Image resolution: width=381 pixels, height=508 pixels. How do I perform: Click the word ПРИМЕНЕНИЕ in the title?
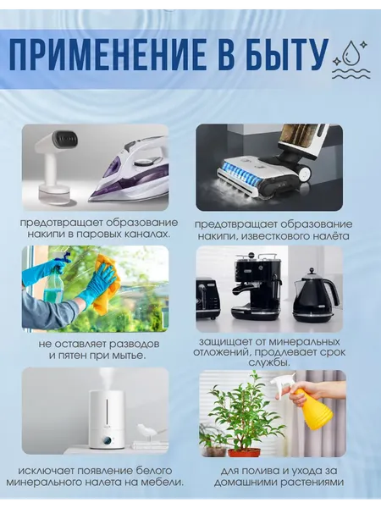pos(108,54)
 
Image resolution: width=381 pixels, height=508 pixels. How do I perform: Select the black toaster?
pos(208,298)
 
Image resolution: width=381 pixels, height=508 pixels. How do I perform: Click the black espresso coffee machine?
pos(255,285)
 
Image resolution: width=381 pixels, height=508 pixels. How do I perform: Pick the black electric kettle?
pos(313,294)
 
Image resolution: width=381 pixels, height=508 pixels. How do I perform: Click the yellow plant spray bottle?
pos(309,400)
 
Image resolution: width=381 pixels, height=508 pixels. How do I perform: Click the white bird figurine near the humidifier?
pos(145,432)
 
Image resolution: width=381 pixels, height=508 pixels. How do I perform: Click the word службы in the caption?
pos(269,363)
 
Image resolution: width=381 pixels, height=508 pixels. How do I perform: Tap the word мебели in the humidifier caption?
pos(159,482)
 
